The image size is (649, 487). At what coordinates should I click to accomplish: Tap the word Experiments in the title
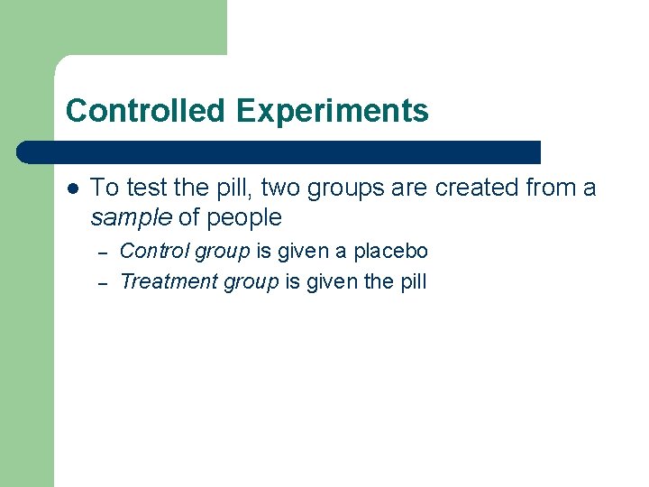(x=333, y=111)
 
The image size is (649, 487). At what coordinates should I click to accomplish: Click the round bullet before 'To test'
(x=72, y=188)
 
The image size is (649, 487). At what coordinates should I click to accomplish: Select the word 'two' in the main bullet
(x=282, y=188)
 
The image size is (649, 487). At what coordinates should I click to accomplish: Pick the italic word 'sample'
(x=131, y=218)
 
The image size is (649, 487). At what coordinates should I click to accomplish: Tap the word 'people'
(x=244, y=218)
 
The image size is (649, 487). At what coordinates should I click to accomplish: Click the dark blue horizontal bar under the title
(x=279, y=152)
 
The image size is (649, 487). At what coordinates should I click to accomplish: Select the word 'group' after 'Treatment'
(x=251, y=282)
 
